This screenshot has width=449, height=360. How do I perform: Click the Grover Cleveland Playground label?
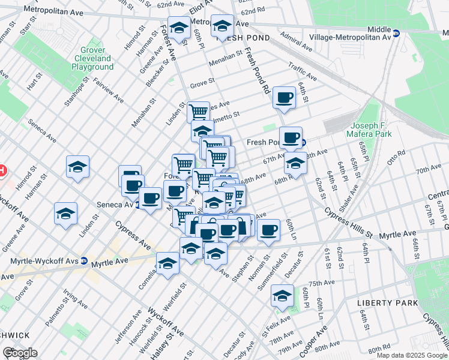(x=92, y=59)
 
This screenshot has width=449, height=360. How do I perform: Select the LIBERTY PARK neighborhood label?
(x=387, y=303)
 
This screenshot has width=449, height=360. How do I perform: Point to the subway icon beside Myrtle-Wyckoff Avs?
(x=84, y=262)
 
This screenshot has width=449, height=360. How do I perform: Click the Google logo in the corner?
(x=20, y=353)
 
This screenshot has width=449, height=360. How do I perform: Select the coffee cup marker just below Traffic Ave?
(x=284, y=98)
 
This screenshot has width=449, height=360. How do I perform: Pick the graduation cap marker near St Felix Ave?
(x=282, y=295)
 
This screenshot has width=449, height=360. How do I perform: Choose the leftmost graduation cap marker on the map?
(x=66, y=214)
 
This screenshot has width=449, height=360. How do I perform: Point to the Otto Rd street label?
(x=397, y=158)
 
